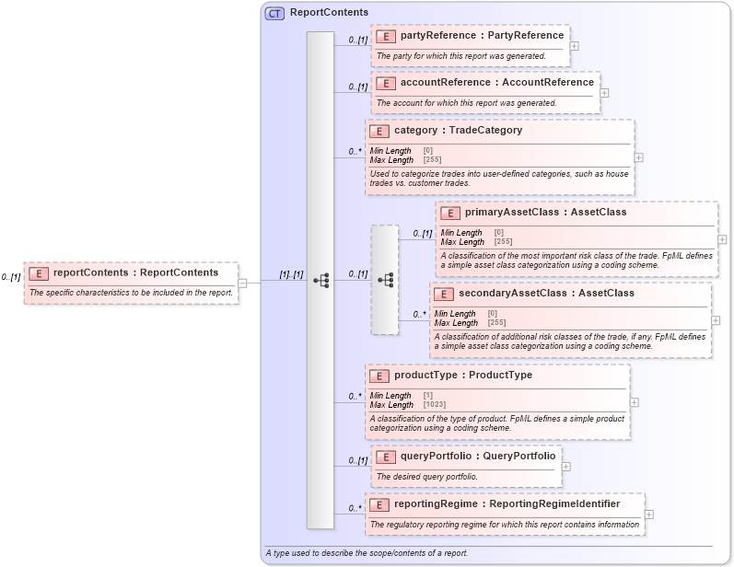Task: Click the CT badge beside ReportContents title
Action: click(x=274, y=13)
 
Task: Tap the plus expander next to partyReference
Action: click(x=574, y=45)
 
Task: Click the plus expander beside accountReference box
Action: click(x=604, y=92)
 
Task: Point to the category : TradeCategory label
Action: click(x=458, y=131)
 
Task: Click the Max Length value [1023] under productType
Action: click(x=435, y=405)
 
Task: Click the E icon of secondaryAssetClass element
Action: click(x=443, y=294)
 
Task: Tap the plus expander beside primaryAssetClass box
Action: click(x=721, y=238)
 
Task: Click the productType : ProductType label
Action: click(x=462, y=376)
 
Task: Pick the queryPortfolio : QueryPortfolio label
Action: click(x=477, y=456)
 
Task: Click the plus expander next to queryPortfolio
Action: click(x=565, y=466)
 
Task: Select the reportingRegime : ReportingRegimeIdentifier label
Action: click(x=507, y=504)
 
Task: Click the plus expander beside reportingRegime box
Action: click(x=649, y=515)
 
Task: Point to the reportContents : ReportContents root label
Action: click(x=135, y=272)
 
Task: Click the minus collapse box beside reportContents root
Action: click(x=242, y=283)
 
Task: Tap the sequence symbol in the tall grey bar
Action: click(x=320, y=280)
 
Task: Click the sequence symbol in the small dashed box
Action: click(x=385, y=279)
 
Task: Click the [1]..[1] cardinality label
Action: click(x=291, y=275)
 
